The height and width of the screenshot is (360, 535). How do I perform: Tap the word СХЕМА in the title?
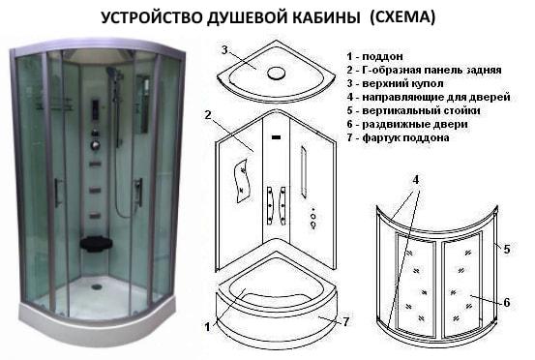point(403,16)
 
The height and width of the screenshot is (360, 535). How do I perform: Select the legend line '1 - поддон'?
point(374,56)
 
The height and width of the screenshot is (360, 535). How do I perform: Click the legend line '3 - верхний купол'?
point(395,83)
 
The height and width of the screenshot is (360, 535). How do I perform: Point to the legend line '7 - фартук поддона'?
point(398,137)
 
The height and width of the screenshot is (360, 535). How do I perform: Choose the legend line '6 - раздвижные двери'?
point(407,124)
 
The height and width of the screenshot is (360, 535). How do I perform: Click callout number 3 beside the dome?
point(224,50)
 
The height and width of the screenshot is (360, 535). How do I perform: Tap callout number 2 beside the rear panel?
point(208,115)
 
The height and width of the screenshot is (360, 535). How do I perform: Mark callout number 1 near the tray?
point(207,327)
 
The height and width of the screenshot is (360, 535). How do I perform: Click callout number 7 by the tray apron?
point(346,321)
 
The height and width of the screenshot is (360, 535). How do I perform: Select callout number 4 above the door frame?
point(416,179)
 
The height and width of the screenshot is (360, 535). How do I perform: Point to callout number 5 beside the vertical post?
point(507,249)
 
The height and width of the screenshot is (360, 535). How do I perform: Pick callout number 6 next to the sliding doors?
point(507,302)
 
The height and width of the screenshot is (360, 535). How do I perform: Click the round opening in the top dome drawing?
point(276,73)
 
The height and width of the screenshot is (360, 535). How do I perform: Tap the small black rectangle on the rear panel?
point(276,137)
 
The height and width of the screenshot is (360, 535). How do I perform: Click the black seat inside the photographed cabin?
point(96,244)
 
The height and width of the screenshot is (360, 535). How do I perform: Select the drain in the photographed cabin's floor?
point(97,287)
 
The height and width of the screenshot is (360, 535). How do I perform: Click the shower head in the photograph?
point(111,72)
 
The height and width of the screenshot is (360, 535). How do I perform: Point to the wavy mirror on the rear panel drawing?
point(242,181)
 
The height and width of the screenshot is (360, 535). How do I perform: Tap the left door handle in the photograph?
point(58,193)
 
